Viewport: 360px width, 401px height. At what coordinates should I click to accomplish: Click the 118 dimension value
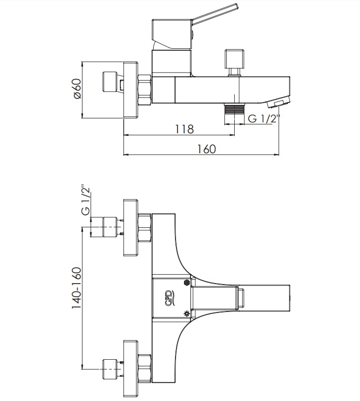pyautogui.click(x=184, y=129)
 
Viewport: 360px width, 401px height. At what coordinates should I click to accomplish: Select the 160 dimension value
pyautogui.click(x=206, y=149)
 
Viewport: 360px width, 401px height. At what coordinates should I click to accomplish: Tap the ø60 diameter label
pyautogui.click(x=77, y=89)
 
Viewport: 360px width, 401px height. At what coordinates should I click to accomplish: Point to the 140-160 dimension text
pyautogui.click(x=77, y=288)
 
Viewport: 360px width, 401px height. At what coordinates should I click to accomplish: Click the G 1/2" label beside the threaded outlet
pyautogui.click(x=264, y=119)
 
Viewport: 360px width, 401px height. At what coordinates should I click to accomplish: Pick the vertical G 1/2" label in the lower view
pyautogui.click(x=86, y=200)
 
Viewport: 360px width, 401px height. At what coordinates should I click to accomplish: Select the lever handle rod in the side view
pyautogui.click(x=215, y=14)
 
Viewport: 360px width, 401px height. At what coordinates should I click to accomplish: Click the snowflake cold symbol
pyautogui.click(x=187, y=283)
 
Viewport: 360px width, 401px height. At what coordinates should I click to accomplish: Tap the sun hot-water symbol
pyautogui.click(x=187, y=313)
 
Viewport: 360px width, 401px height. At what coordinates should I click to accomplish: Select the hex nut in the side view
pyautogui.click(x=145, y=90)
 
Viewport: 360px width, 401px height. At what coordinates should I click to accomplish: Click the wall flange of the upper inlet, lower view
pyautogui.click(x=131, y=227)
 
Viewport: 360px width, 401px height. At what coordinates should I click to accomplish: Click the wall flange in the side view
pyautogui.click(x=131, y=90)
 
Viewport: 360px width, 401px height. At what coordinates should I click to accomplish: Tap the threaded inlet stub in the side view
pyautogui.click(x=110, y=82)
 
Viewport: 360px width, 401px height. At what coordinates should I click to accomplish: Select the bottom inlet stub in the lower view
pyautogui.click(x=110, y=369)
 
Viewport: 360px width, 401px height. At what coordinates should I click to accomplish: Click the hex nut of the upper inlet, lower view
pyautogui.click(x=145, y=227)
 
